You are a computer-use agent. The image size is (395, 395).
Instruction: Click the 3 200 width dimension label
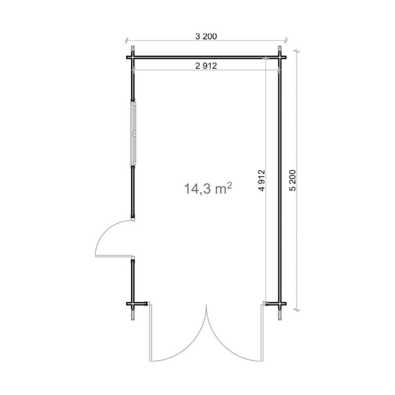207,36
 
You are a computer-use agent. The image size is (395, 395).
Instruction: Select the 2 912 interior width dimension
207,65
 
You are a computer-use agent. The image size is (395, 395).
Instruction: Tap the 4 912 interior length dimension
262,184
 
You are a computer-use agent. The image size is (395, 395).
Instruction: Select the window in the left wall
133,132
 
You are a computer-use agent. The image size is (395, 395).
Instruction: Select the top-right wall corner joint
280,57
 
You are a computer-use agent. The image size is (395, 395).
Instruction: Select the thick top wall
206,57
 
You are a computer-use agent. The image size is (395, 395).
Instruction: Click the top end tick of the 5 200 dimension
297,50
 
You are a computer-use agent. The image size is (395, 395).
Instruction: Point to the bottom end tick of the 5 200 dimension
297,310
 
